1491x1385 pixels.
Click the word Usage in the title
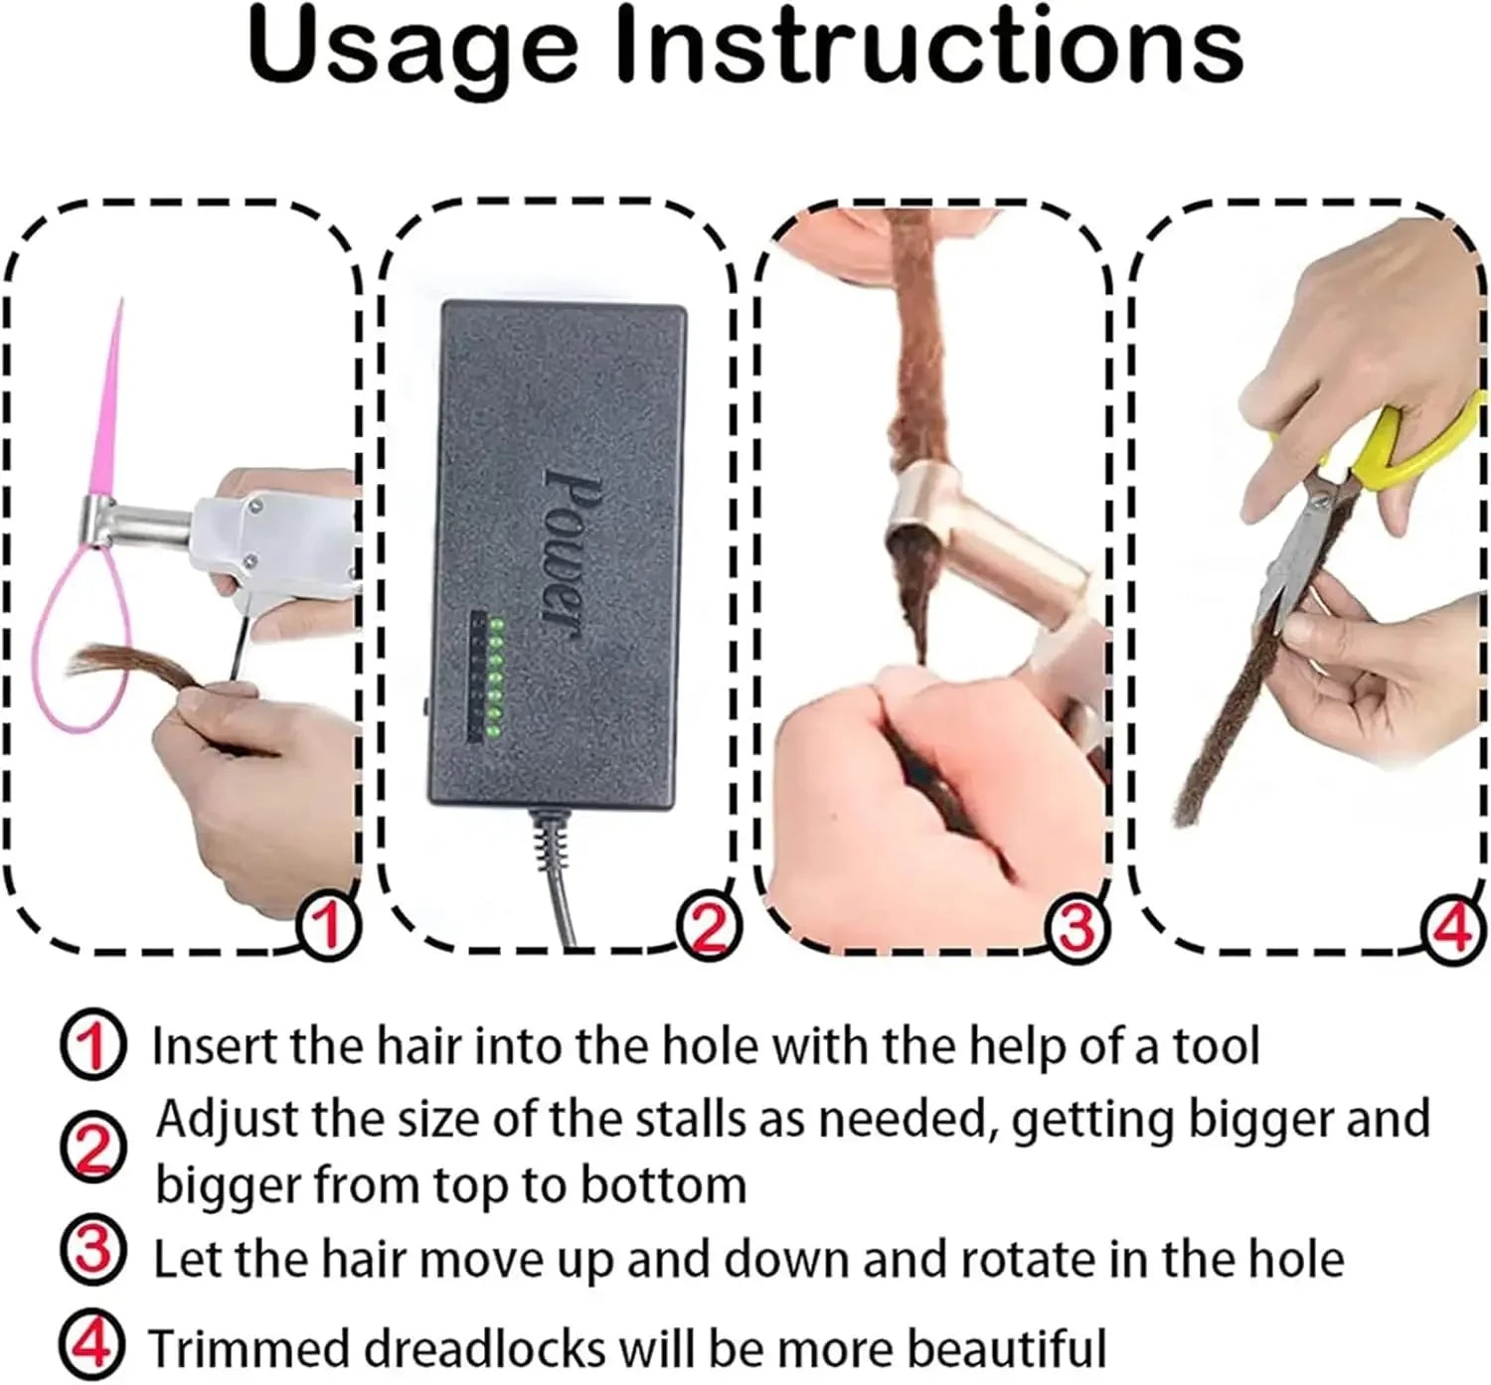[412, 47]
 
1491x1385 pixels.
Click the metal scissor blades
[1292, 556]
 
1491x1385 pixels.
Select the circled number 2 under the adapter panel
[708, 929]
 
